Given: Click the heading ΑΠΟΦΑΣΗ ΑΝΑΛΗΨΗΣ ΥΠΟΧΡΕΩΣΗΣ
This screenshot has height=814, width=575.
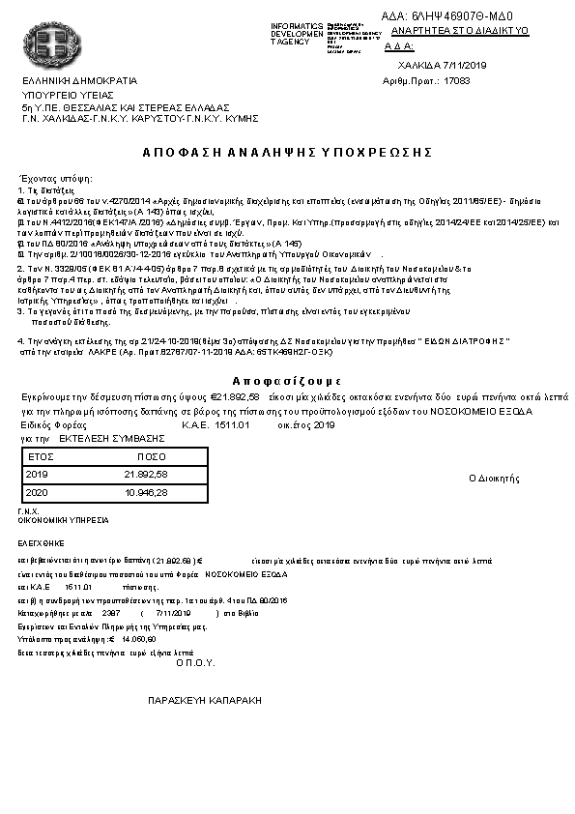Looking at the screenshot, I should [x=287, y=153].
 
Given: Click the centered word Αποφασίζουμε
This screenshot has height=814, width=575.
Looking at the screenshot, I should [x=287, y=380].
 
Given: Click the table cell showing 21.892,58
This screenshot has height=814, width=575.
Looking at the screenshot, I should [x=147, y=475].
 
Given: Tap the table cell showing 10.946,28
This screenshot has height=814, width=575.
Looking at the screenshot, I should [x=147, y=493].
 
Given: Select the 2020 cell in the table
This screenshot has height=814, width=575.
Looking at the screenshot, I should [x=37, y=493].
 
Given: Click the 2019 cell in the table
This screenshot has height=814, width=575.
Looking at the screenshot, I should [x=37, y=475].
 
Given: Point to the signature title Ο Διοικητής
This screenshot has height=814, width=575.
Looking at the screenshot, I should [x=494, y=478].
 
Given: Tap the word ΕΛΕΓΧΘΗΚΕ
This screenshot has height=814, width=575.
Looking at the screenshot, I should [x=40, y=543].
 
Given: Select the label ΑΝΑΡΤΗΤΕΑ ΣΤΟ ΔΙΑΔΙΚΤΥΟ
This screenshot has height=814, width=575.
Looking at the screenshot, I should [x=460, y=31].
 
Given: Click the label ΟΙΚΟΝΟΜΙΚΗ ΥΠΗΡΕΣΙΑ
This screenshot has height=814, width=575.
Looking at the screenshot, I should [x=57, y=519].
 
